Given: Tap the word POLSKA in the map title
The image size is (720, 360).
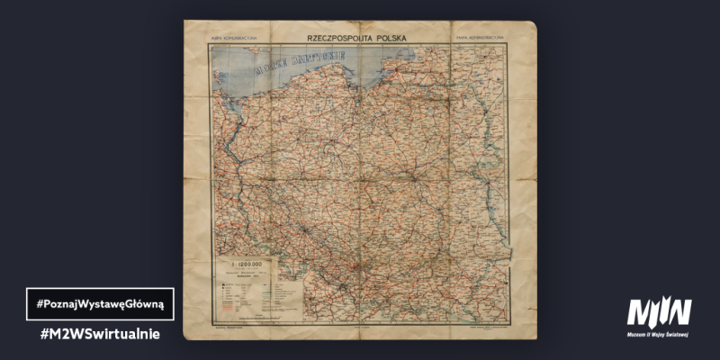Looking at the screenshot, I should point(388,39).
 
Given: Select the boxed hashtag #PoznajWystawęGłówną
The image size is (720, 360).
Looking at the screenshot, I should point(99,304).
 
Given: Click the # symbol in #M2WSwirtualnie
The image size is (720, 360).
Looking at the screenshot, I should point(45,334).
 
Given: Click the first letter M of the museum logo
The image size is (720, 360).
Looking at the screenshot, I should point(638,311).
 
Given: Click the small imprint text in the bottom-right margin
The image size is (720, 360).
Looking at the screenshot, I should point(490,329).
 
